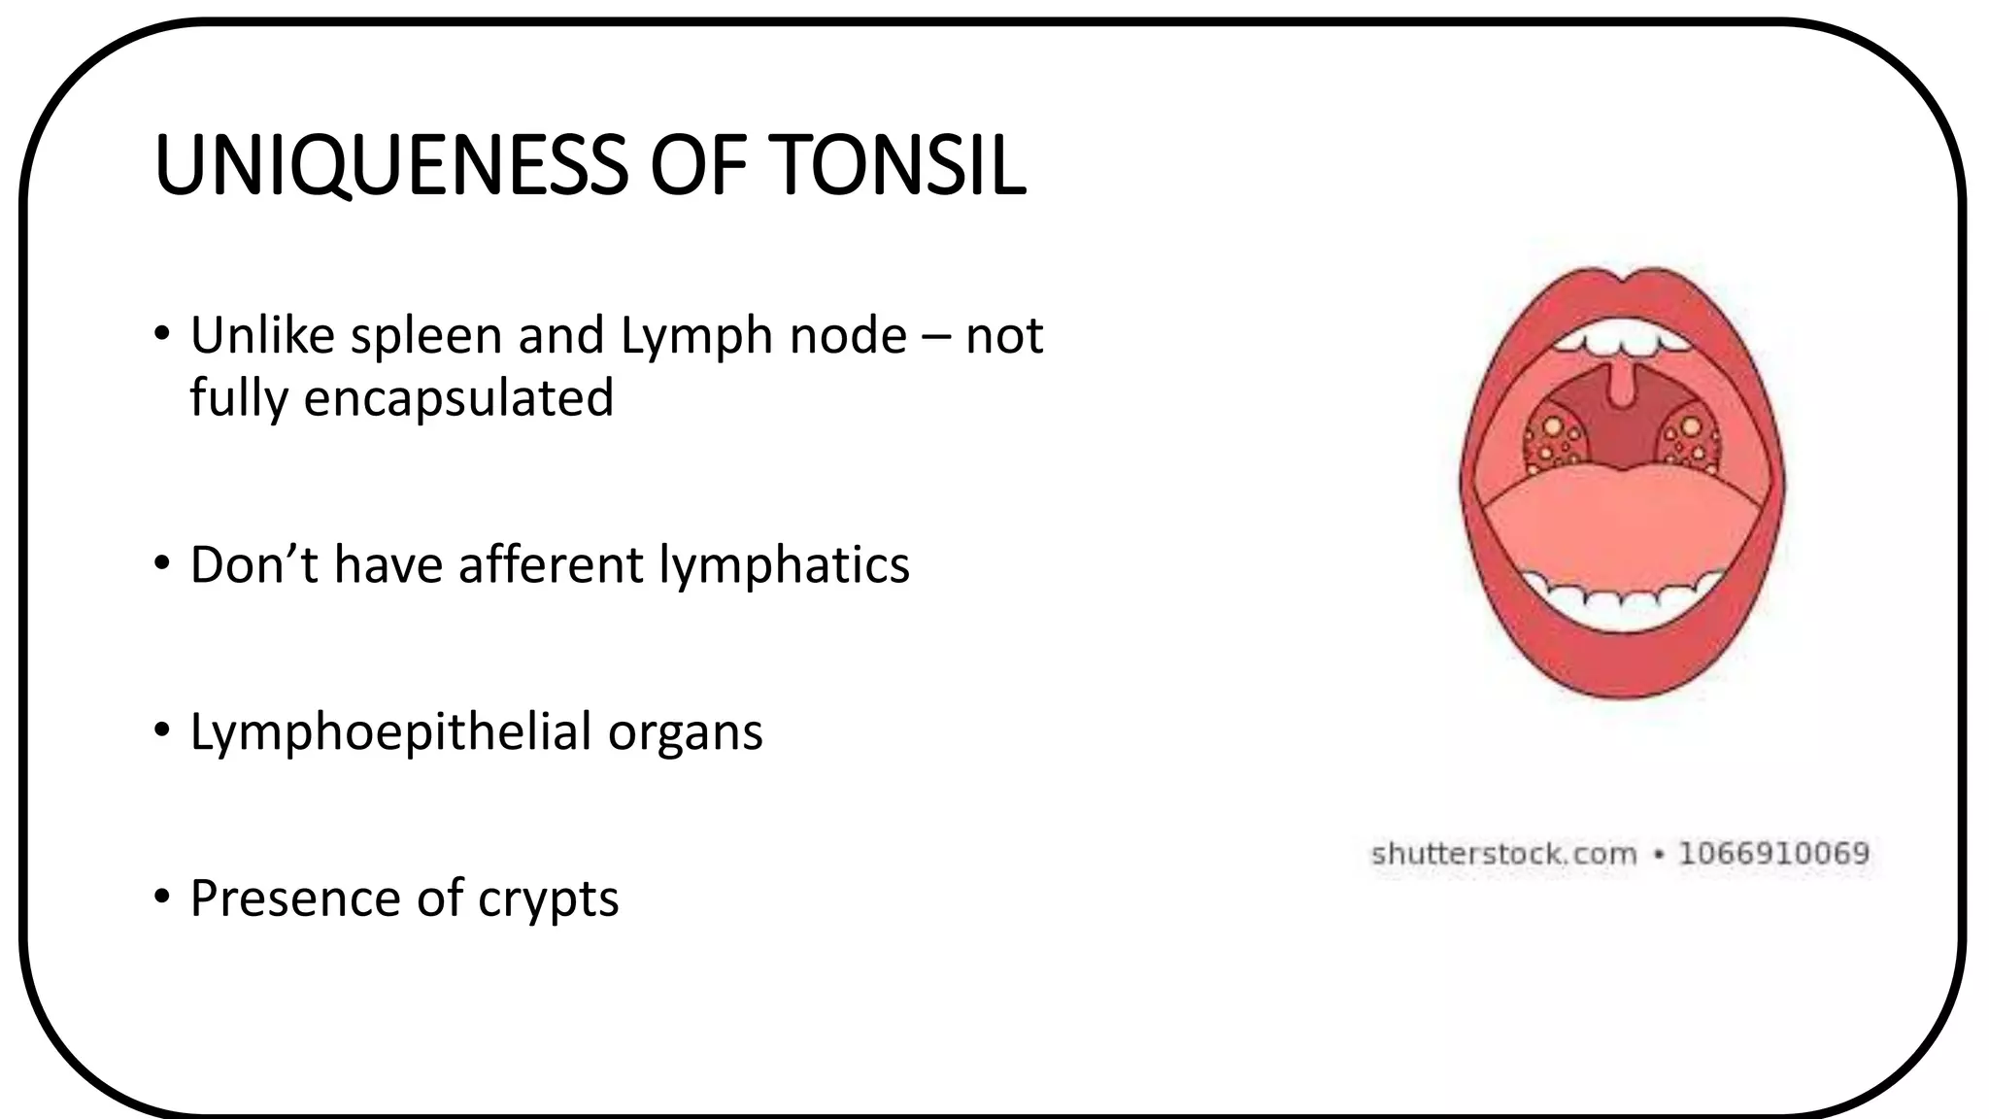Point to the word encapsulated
(458, 398)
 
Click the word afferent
(551, 565)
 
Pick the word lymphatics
(784, 565)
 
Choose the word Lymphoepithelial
(390, 732)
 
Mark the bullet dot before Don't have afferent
(161, 563)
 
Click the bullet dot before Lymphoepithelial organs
(161, 730)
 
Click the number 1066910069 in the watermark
(1773, 854)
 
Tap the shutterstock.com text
(1503, 854)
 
